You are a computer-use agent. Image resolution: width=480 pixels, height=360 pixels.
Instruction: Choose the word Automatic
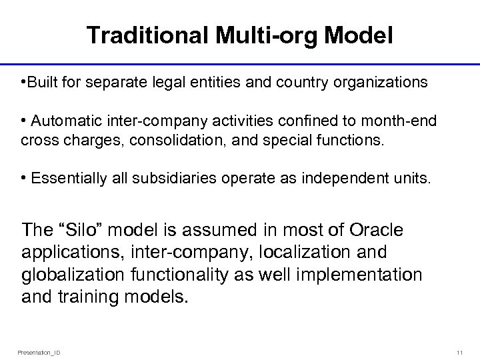tap(66, 121)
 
